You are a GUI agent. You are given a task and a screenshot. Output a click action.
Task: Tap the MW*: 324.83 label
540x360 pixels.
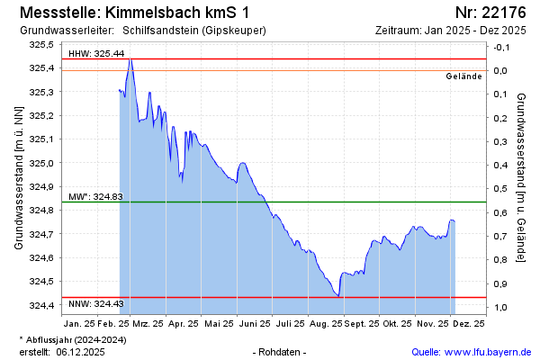click(95, 196)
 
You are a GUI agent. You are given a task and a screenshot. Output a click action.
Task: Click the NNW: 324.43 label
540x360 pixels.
click(95, 305)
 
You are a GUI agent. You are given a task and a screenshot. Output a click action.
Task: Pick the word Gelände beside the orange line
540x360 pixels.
click(464, 76)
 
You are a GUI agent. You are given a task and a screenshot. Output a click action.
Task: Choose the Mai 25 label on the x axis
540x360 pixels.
click(219, 321)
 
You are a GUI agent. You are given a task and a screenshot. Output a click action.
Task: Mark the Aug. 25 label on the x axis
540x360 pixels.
click(325, 321)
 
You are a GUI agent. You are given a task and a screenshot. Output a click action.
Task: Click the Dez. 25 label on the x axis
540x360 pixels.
click(468, 321)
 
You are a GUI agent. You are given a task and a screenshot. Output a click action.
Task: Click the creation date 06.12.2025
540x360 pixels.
click(79, 352)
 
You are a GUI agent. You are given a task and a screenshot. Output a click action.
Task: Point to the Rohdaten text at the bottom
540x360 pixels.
click(281, 352)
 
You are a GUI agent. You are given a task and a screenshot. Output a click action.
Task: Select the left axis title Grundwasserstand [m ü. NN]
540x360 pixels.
click(18, 176)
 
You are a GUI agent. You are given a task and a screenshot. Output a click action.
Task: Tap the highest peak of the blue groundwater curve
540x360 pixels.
click(130, 59)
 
